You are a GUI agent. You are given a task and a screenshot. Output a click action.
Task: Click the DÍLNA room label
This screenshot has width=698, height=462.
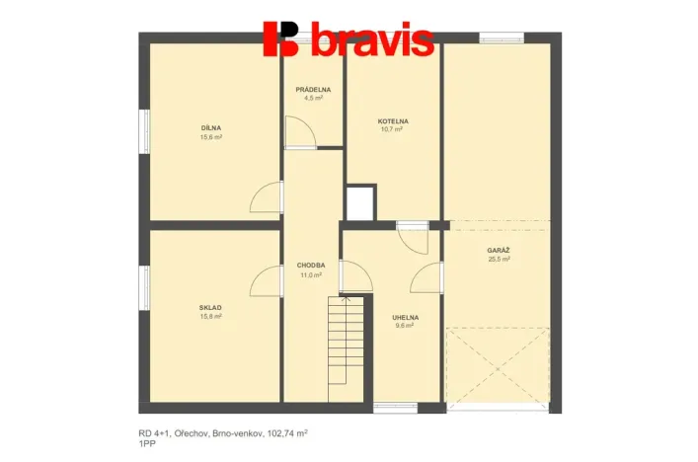(x=211, y=127)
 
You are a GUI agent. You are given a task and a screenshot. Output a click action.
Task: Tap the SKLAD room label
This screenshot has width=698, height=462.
(x=211, y=308)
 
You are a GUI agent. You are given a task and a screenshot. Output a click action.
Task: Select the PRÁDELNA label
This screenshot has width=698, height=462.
(x=313, y=90)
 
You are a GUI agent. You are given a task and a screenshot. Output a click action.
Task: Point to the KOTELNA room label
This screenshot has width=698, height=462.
(x=392, y=121)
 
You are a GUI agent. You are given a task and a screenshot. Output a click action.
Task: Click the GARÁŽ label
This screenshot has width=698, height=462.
(x=499, y=251)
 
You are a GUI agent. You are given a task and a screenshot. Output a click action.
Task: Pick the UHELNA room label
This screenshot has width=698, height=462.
(x=405, y=317)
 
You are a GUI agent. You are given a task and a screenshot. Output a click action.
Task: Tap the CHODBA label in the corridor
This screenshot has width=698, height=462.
(x=311, y=266)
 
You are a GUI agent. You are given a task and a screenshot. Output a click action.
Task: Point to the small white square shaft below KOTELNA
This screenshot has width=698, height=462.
(x=360, y=202)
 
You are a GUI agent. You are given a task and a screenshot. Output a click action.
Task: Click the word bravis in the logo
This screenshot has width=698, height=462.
(x=372, y=40)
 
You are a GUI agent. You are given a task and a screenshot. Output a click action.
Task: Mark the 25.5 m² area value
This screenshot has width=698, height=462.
(x=499, y=260)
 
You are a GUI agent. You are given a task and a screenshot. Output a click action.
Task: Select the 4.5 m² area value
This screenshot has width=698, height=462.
(x=313, y=99)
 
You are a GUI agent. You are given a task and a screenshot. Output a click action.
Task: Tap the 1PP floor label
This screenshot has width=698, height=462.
(x=147, y=445)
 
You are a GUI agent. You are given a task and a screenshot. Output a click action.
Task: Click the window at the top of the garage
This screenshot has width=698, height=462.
(x=495, y=38)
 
